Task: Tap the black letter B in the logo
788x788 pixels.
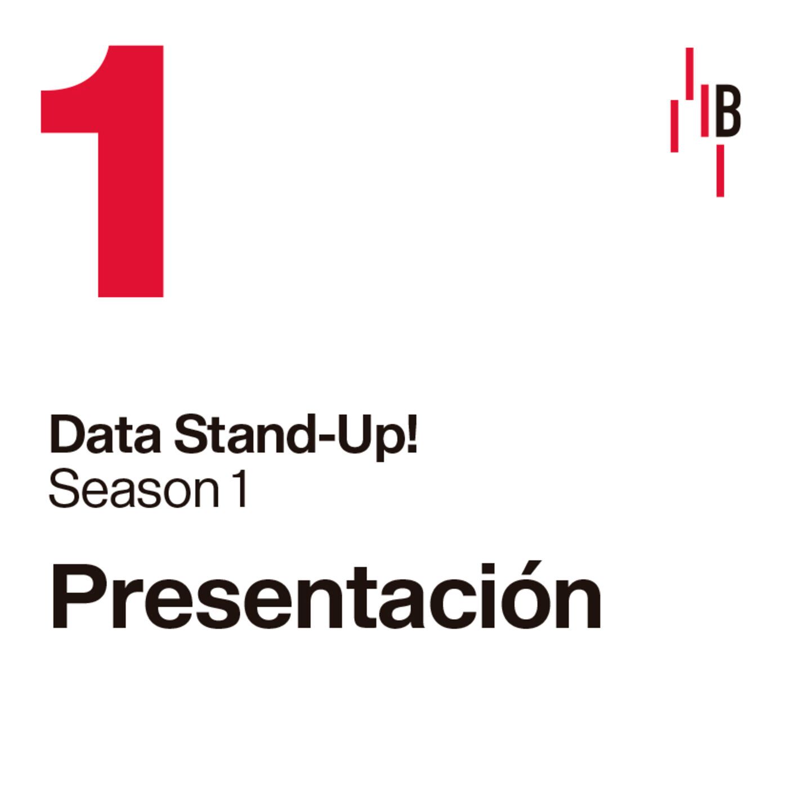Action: (x=728, y=110)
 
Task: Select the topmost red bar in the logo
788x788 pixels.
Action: (x=689, y=74)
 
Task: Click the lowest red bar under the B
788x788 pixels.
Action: (x=720, y=171)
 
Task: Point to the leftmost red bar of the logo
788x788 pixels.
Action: (x=674, y=126)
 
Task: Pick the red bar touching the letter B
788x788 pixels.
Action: (x=705, y=110)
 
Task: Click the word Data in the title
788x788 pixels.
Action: (x=105, y=435)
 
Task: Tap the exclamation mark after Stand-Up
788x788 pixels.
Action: (x=412, y=434)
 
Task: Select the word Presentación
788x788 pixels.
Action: (x=326, y=596)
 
